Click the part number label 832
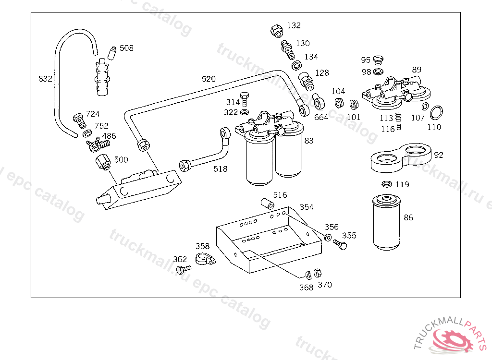tap(45, 79)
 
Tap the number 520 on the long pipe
tap(209, 79)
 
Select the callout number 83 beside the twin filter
tap(309, 141)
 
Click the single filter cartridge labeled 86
tap(386, 222)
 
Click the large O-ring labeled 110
tap(436, 113)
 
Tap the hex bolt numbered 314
tap(244, 98)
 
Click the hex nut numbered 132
tap(276, 31)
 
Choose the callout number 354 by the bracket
tap(306, 207)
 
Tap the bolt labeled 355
tap(341, 245)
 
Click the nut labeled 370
tap(318, 273)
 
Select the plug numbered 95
tap(378, 60)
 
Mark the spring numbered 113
tap(398, 117)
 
